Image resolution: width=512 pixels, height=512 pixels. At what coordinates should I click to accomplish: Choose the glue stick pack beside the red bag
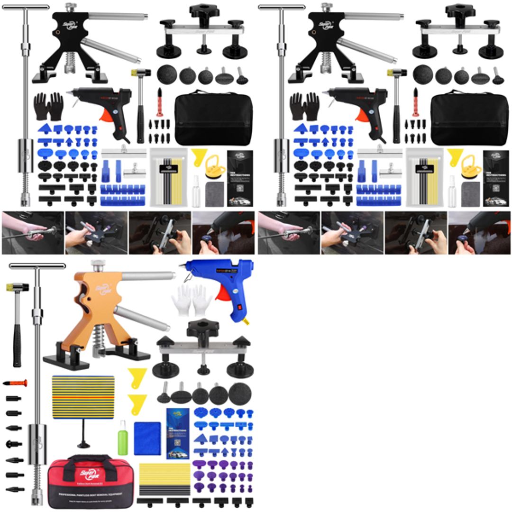click(164, 479)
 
